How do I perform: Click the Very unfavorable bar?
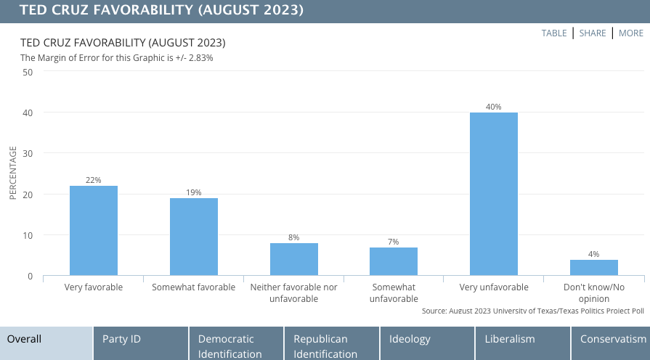click(494, 194)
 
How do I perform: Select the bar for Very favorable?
click(94, 231)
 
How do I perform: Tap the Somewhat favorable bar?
click(194, 237)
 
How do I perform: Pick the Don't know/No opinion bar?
click(593, 268)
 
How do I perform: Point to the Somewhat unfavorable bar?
click(394, 261)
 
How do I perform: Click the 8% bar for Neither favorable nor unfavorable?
click(294, 259)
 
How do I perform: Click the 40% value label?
click(494, 107)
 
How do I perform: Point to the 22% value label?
click(94, 180)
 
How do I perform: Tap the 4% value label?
click(593, 254)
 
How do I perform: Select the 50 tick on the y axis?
click(28, 72)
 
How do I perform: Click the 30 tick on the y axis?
click(28, 154)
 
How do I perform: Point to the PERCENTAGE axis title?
click(12, 173)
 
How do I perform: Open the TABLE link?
click(554, 33)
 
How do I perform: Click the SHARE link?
click(593, 33)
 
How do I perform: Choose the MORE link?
click(631, 33)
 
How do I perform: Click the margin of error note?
click(117, 57)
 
